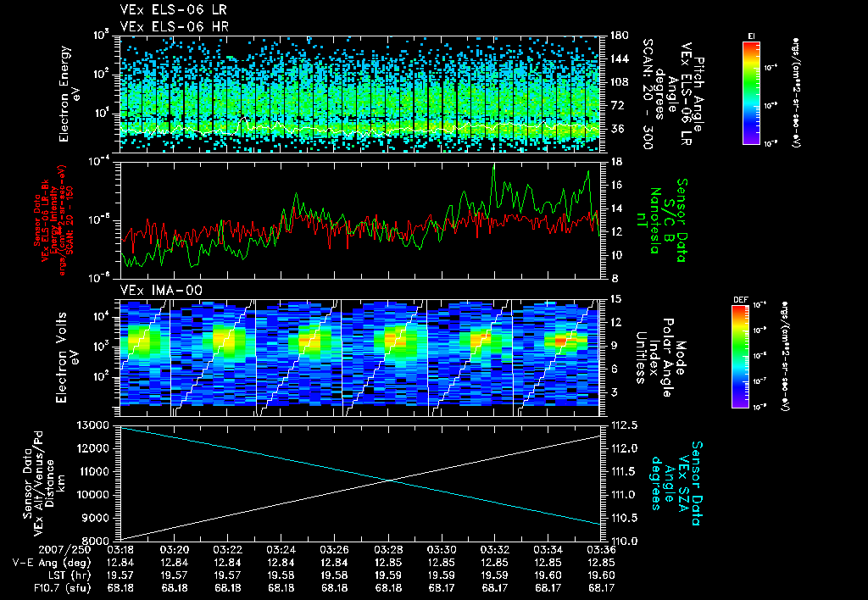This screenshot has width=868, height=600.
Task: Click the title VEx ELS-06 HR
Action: pyautogui.click(x=163, y=26)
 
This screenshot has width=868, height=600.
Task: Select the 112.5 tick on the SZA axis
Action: pyautogui.click(x=620, y=425)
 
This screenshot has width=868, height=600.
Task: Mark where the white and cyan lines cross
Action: pyautogui.click(x=391, y=481)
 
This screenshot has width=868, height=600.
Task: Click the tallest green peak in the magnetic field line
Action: pyautogui.click(x=494, y=164)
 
